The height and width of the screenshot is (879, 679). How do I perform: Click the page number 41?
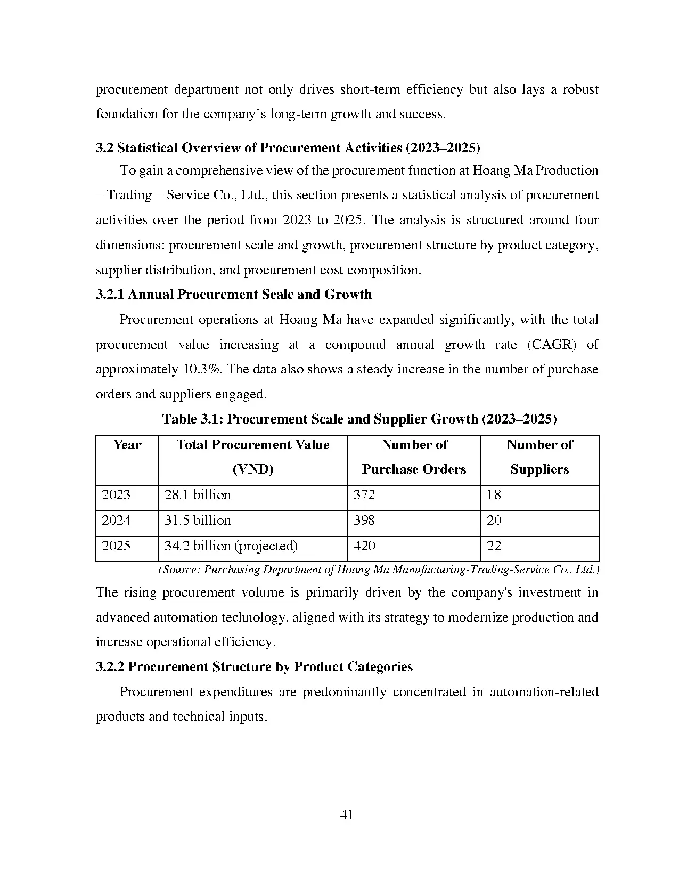click(x=346, y=815)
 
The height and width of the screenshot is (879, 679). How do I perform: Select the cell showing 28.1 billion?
click(x=198, y=495)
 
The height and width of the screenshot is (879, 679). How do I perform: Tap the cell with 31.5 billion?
click(x=198, y=520)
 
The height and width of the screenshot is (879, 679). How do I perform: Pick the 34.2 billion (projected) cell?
click(x=231, y=546)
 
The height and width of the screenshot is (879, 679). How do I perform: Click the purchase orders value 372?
click(x=364, y=495)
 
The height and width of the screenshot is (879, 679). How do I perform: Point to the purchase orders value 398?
click(x=364, y=520)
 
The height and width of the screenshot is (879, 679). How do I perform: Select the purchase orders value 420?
click(x=364, y=546)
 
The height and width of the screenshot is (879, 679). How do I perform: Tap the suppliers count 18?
click(x=494, y=495)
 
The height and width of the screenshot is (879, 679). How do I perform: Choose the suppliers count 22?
click(x=494, y=546)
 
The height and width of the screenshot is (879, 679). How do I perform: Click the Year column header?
click(x=127, y=445)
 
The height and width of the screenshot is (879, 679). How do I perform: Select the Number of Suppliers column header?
click(x=539, y=457)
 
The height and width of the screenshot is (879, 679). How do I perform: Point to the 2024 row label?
click(x=116, y=520)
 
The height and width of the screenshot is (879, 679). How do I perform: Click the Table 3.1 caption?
click(x=359, y=419)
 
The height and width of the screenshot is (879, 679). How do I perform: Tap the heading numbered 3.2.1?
click(x=234, y=295)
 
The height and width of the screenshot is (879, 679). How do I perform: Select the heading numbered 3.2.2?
click(x=254, y=667)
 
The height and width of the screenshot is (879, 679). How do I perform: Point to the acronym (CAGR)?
click(x=551, y=345)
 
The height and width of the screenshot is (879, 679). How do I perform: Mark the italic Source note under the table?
click(x=379, y=569)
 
